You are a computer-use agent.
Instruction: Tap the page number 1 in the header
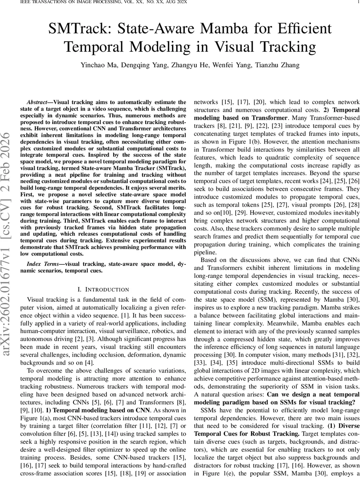click(x=358, y=2)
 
